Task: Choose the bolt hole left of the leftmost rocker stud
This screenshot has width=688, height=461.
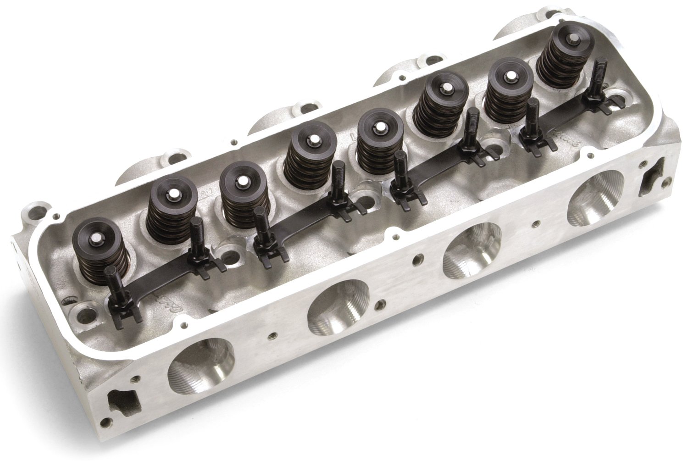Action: [84, 314]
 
